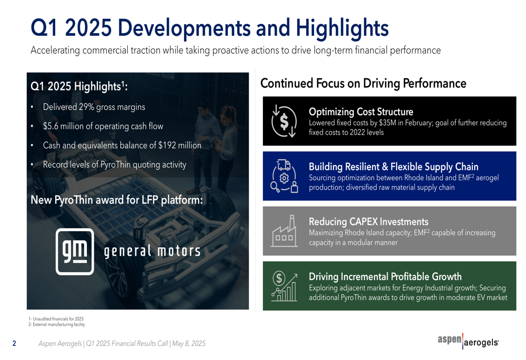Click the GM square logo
pyautogui.click(x=75, y=251)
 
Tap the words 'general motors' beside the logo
pyautogui.click(x=152, y=251)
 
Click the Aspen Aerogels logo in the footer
pyautogui.click(x=468, y=341)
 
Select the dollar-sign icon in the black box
pyautogui.click(x=284, y=121)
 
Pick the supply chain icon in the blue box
pyautogui.click(x=284, y=176)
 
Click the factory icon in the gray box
pyautogui.click(x=284, y=231)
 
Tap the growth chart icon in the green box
pyautogui.click(x=284, y=286)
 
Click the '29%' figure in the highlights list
pyautogui.click(x=87, y=107)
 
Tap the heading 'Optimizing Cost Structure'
pyautogui.click(x=361, y=111)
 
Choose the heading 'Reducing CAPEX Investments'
pyautogui.click(x=369, y=222)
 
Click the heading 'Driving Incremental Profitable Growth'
pyautogui.click(x=385, y=276)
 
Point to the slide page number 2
pyautogui.click(x=14, y=343)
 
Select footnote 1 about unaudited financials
pyautogui.click(x=56, y=319)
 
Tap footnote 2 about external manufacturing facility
pyautogui.click(x=57, y=324)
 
